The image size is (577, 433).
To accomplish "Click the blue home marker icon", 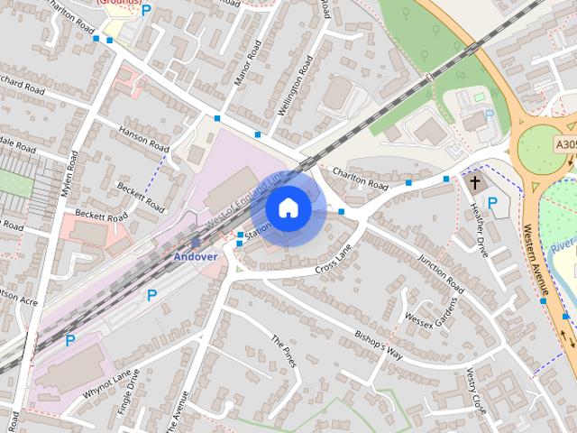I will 288,208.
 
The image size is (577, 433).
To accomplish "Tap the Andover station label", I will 196,256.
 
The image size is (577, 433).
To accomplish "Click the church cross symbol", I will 474,183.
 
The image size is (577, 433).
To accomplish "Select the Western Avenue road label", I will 536,261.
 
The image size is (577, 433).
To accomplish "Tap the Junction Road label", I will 441,272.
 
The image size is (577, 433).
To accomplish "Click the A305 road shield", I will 565,143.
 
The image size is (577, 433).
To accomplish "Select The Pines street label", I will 284,351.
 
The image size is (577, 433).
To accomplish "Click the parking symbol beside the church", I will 492,201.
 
